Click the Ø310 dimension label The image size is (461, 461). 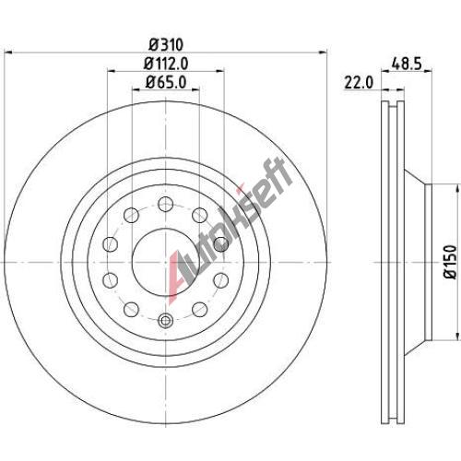[x=166, y=44]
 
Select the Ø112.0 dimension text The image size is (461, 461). [x=166, y=64]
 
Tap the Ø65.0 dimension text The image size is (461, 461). [x=166, y=82]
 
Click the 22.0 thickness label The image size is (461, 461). [x=359, y=83]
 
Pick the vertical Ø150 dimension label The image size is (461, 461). [x=451, y=262]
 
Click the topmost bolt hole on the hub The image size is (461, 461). [x=166, y=204]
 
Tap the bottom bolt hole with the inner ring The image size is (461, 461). [x=166, y=320]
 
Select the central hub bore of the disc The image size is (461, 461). [x=166, y=262]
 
